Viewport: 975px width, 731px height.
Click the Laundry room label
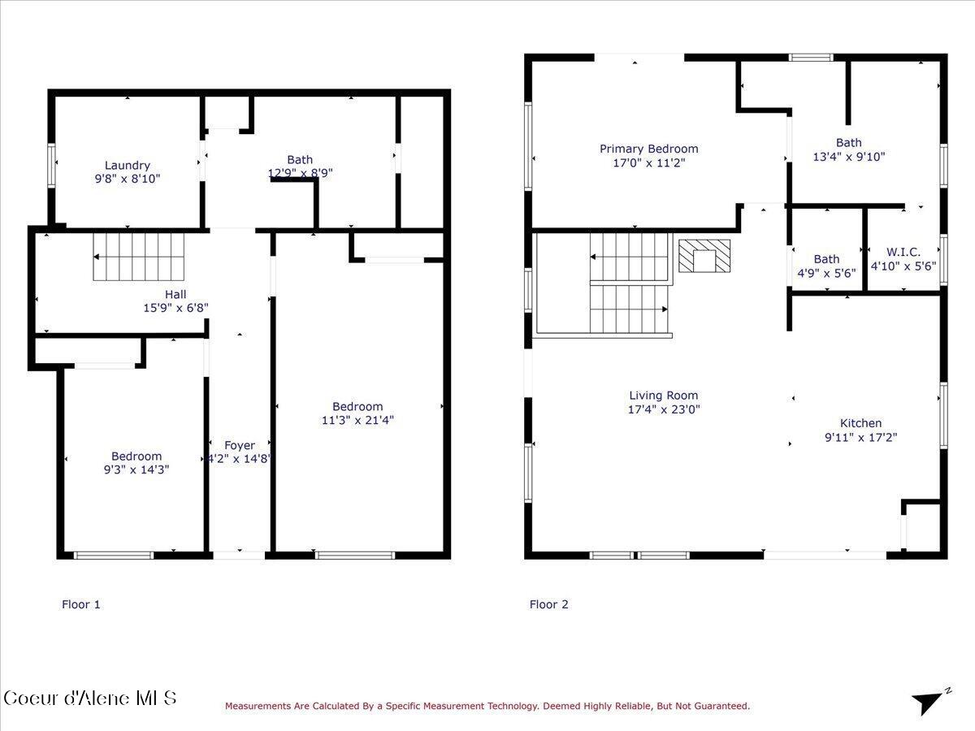(x=127, y=166)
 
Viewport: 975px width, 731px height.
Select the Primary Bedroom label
(x=648, y=149)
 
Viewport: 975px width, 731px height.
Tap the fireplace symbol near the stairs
(x=704, y=256)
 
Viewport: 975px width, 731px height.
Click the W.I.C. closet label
(x=903, y=253)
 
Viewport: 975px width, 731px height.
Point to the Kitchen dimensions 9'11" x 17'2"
(x=860, y=437)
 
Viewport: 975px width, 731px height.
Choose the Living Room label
(x=663, y=396)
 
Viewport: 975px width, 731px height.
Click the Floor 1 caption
(x=81, y=604)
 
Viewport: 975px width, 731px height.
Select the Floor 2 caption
(x=549, y=604)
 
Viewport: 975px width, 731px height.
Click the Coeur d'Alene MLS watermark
(x=89, y=699)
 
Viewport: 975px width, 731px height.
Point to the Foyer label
(x=240, y=445)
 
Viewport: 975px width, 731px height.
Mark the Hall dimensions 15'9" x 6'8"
(x=175, y=308)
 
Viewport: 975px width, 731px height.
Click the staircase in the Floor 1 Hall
(x=138, y=256)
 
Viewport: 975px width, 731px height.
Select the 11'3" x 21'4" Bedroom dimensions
(x=357, y=420)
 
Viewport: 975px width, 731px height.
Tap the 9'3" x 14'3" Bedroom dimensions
(x=136, y=469)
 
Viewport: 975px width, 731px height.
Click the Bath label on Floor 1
(x=299, y=160)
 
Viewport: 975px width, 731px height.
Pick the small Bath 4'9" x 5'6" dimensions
(x=826, y=273)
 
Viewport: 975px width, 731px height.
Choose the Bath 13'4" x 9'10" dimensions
(x=849, y=157)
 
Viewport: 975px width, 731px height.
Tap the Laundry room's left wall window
(x=52, y=166)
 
